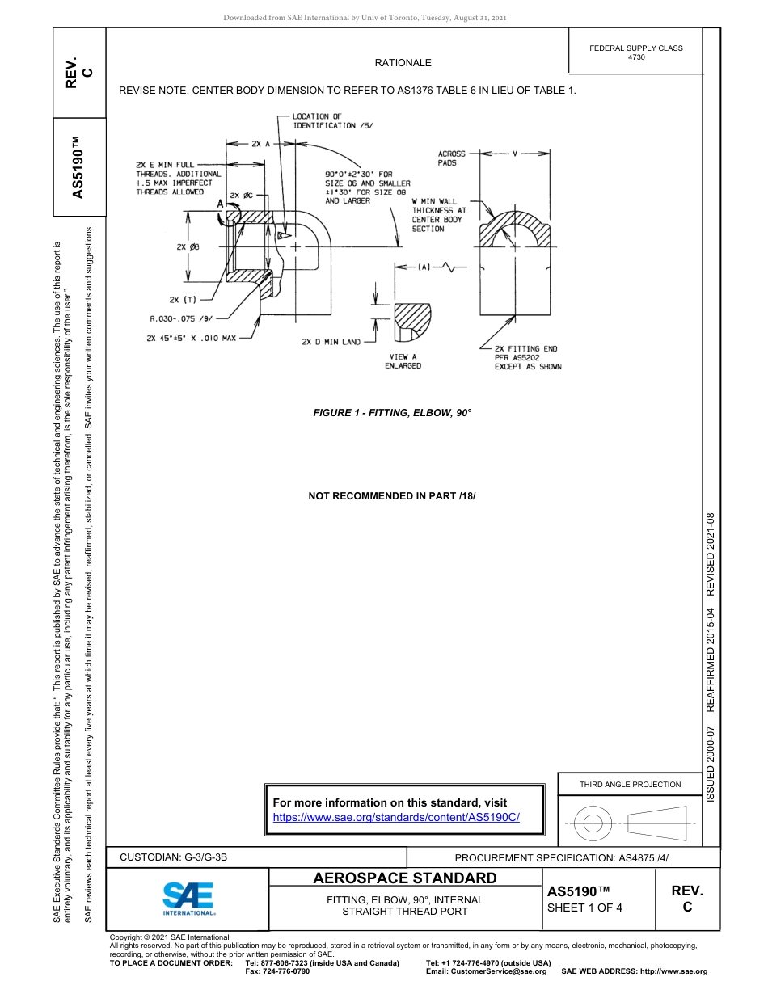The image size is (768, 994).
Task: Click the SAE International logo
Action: pyautogui.click(x=188, y=899)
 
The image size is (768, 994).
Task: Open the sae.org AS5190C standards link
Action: pyautogui.click(x=396, y=817)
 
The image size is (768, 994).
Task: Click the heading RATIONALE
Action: pyautogui.click(x=403, y=63)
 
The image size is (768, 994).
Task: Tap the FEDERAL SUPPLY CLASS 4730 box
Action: pyautogui.click(x=635, y=53)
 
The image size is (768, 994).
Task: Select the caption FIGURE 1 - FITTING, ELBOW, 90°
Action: pyautogui.click(x=392, y=413)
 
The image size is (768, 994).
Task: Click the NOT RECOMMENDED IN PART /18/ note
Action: pyautogui.click(x=392, y=495)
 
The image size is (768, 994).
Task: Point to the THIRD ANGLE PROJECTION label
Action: pyautogui.click(x=630, y=784)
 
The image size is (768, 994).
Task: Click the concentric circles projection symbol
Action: pyautogui.click(x=593, y=823)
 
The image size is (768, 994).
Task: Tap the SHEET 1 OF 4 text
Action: pyautogui.click(x=584, y=907)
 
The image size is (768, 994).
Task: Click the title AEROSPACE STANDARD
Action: pyautogui.click(x=405, y=878)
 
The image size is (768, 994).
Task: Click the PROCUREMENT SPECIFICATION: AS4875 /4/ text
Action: pyautogui.click(x=562, y=857)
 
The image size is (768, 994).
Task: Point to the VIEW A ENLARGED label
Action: pyautogui.click(x=403, y=361)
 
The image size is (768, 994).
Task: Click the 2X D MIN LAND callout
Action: pyautogui.click(x=331, y=342)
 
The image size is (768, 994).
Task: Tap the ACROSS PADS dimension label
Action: pyautogui.click(x=452, y=158)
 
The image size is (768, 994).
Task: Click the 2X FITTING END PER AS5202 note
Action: pyautogui.click(x=527, y=358)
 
